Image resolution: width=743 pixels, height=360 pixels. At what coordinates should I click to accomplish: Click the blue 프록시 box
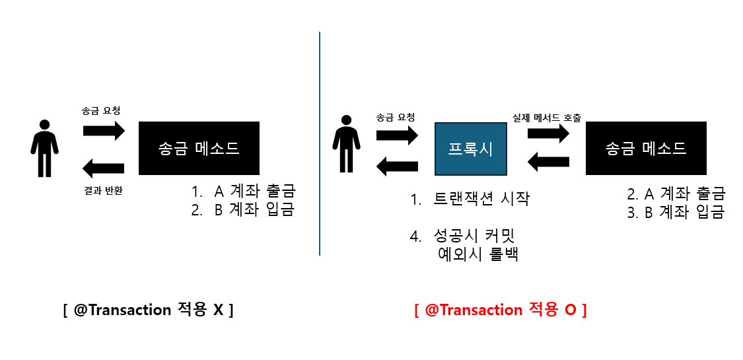(x=471, y=149)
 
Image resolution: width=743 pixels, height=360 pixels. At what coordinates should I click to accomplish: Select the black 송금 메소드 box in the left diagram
(x=199, y=148)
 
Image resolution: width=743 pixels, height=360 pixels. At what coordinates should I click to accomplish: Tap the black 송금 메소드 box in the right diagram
(x=646, y=149)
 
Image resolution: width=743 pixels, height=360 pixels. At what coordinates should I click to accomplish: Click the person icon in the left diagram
(x=44, y=148)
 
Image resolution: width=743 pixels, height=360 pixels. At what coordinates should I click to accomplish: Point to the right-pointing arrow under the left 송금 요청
(x=104, y=129)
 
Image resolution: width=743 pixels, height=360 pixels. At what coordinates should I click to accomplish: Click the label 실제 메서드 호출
(x=547, y=118)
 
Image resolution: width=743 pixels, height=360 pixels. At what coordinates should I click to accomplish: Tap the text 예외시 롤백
(x=478, y=254)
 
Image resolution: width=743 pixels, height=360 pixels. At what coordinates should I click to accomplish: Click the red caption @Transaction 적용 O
(x=501, y=309)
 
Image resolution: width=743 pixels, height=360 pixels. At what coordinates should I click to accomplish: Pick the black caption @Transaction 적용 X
(x=149, y=309)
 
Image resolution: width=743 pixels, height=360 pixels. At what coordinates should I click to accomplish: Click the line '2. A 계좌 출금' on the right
(x=676, y=194)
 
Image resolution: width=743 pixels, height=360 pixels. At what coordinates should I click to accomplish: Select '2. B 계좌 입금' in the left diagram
(x=242, y=211)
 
